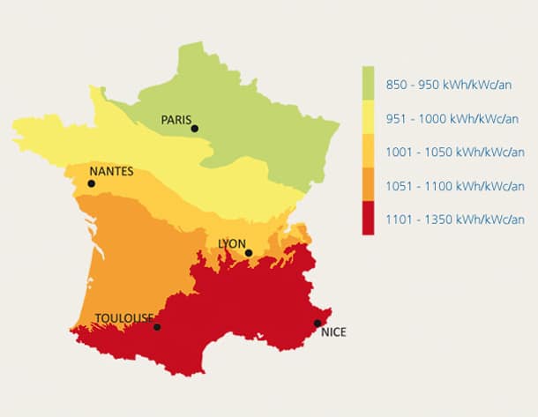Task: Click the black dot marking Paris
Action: tap(194, 129)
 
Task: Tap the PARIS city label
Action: tap(176, 119)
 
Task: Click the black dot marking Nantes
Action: tap(91, 183)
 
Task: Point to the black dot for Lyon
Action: tap(249, 253)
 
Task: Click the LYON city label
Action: tap(232, 243)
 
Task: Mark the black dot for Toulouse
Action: tap(157, 327)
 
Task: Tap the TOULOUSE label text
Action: tap(124, 318)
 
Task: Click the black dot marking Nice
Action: tap(318, 323)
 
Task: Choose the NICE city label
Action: tap(334, 332)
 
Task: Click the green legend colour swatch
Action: tap(368, 83)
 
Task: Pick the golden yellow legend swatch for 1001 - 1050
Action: tap(368, 151)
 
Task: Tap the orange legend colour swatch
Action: tap(368, 184)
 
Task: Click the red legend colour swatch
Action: tap(368, 218)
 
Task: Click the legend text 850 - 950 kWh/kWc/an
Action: tap(450, 86)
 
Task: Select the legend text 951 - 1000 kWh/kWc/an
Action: tap(452, 119)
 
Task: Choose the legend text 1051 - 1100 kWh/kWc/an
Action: tap(455, 186)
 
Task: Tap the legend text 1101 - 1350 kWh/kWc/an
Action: tap(455, 220)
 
